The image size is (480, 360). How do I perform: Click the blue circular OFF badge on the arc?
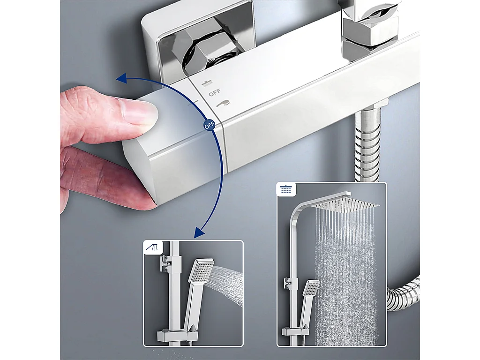208,126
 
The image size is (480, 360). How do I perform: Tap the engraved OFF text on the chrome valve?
214,93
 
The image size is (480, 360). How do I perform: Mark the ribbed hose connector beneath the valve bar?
370,141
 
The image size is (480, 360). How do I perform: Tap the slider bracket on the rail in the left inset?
166,263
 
